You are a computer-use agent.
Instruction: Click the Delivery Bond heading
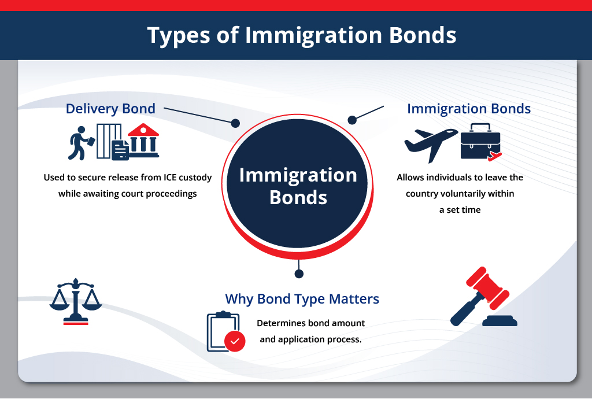pyautogui.click(x=110, y=109)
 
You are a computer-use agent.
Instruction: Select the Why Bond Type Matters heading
pyautogui.click(x=302, y=299)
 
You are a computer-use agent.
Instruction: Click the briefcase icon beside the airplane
pyautogui.click(x=480, y=142)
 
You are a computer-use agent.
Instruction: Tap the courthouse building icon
pyautogui.click(x=143, y=141)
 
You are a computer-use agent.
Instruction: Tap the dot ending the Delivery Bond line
pyautogui.click(x=235, y=123)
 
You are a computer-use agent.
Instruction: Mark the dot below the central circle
pyautogui.click(x=298, y=273)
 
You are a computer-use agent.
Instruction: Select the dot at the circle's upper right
pyautogui.click(x=351, y=119)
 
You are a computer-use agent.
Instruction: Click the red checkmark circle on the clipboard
pyautogui.click(x=235, y=341)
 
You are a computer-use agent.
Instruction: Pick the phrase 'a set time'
pyautogui.click(x=460, y=210)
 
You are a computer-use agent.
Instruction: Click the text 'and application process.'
pyautogui.click(x=310, y=339)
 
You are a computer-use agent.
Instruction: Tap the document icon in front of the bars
pyautogui.click(x=120, y=150)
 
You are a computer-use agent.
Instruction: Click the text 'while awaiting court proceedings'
pyautogui.click(x=128, y=194)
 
